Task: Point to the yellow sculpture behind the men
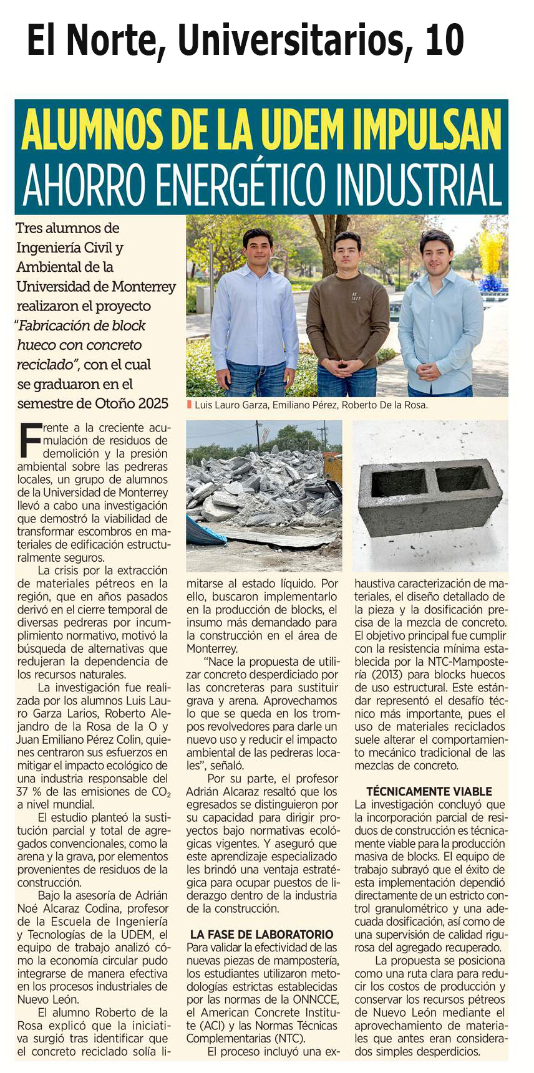point(491,252)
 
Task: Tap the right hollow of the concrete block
point(462,479)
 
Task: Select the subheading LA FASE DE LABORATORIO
point(262,934)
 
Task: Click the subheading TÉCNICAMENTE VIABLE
point(429,791)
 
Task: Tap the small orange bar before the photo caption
point(189,405)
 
